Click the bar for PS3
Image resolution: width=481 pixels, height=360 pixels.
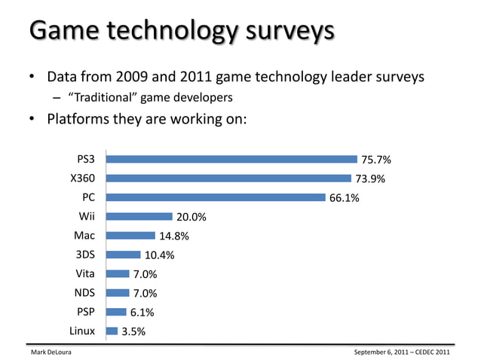[231, 160]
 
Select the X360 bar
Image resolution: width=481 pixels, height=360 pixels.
[228, 178]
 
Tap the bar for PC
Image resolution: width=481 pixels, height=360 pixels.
[216, 197]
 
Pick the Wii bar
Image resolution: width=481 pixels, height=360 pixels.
[139, 217]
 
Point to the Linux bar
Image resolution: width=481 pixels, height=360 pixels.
[112, 331]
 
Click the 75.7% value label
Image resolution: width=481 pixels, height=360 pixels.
[376, 160]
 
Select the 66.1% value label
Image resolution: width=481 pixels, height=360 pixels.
[345, 198]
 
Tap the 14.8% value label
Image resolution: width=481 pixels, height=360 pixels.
[173, 236]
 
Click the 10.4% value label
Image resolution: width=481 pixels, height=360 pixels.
[159, 255]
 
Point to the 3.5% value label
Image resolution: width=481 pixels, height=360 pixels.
[133, 331]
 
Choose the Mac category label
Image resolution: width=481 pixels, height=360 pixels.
[84, 236]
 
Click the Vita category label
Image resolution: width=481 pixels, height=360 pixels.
[84, 273]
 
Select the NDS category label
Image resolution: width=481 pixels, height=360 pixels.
[83, 293]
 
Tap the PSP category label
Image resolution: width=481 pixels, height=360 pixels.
[84, 312]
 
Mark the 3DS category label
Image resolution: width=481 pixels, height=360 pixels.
[84, 255]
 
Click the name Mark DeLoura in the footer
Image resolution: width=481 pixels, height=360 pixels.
[51, 352]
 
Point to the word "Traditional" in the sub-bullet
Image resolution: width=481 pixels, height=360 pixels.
[101, 97]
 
